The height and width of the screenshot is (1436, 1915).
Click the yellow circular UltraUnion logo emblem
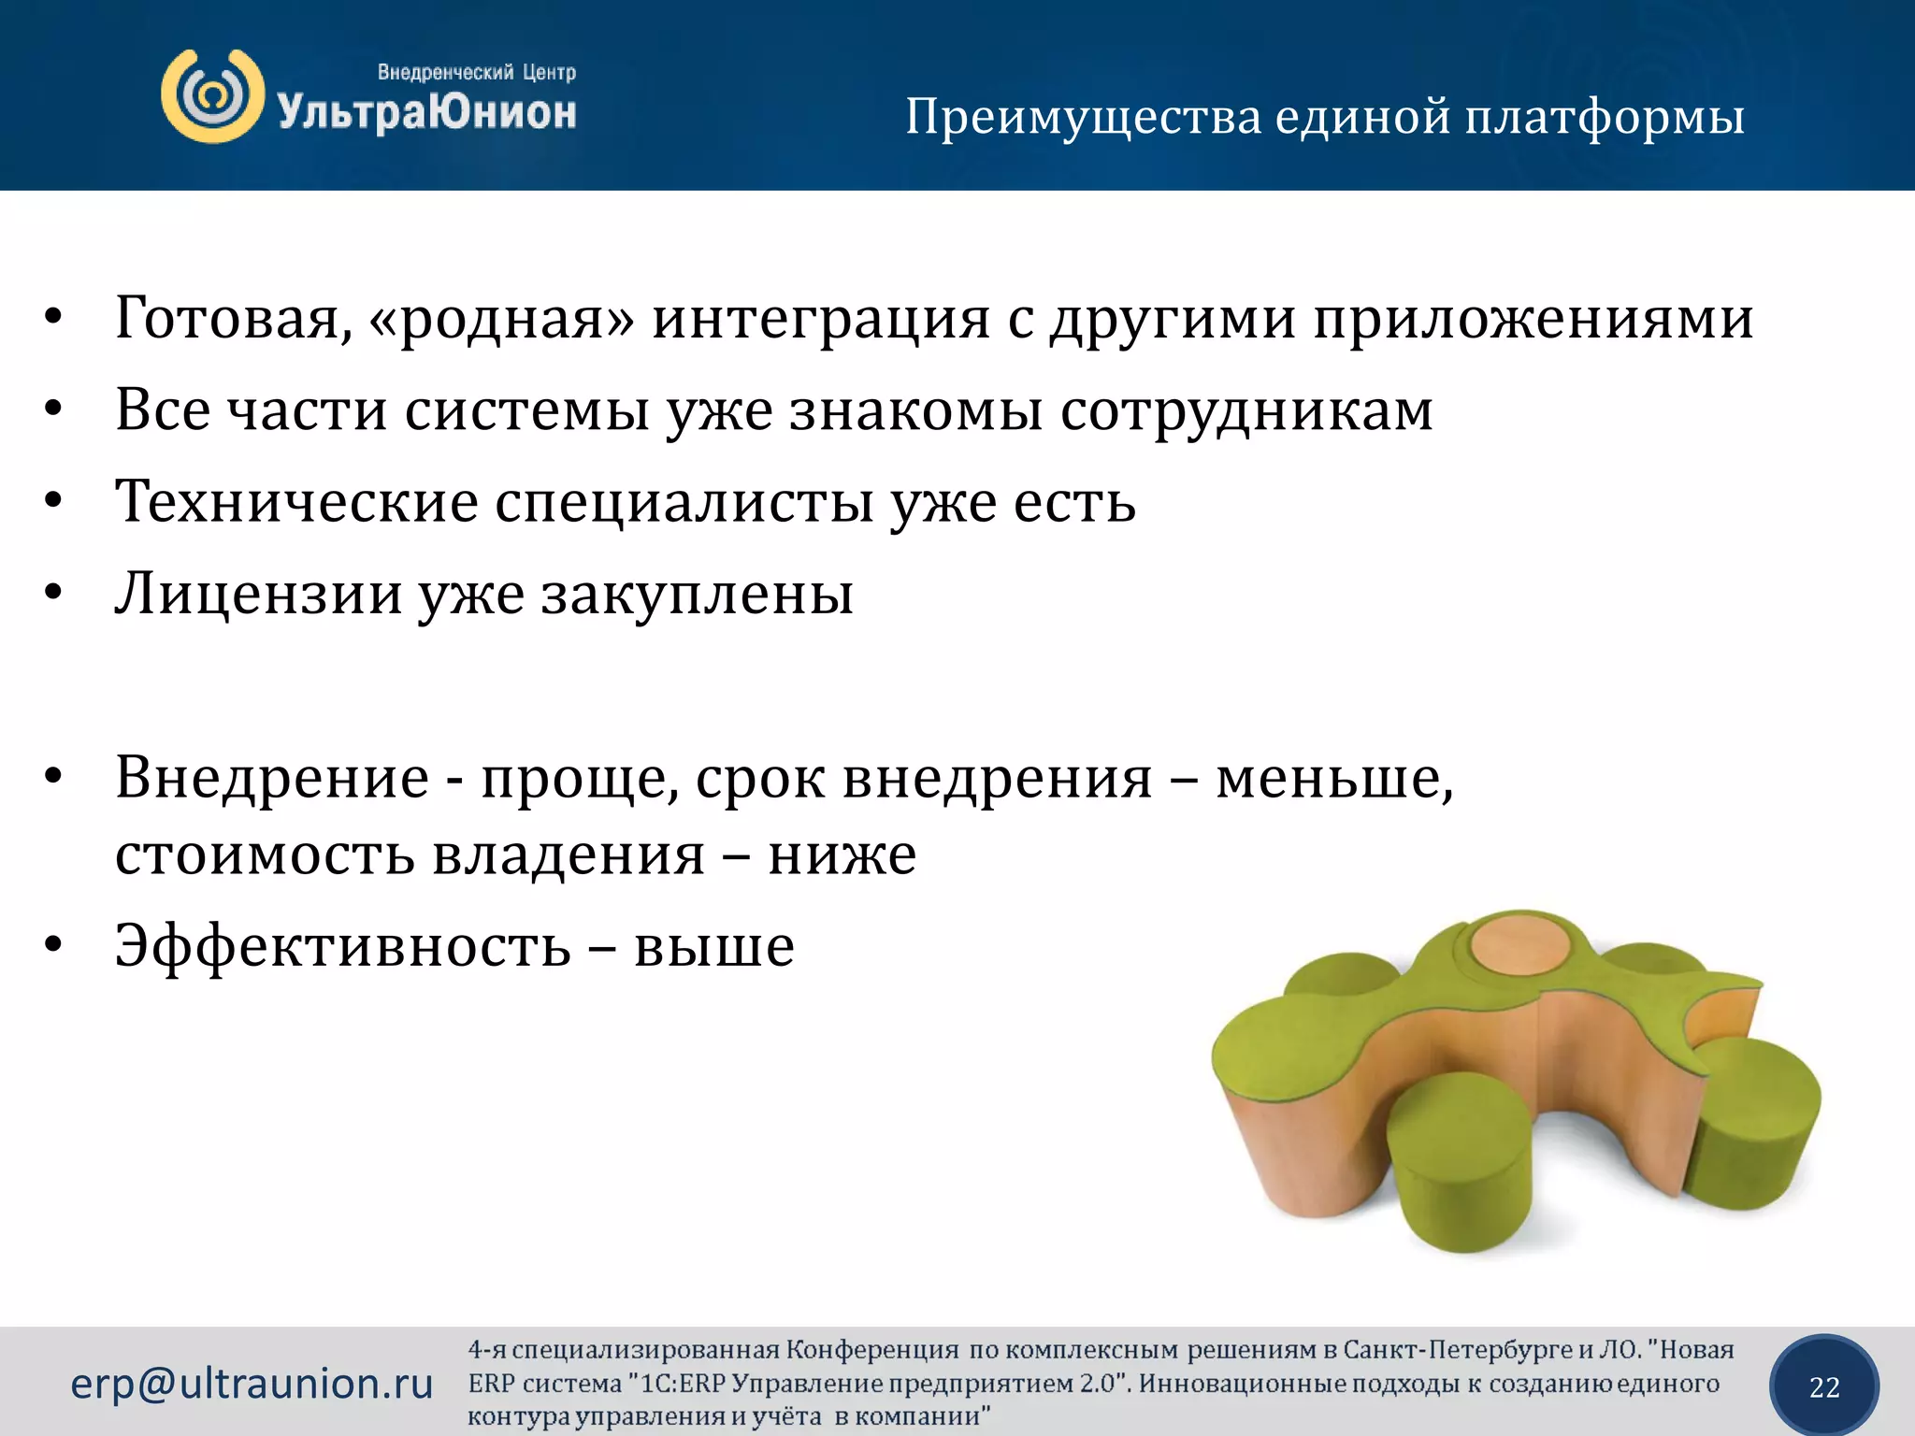click(x=212, y=96)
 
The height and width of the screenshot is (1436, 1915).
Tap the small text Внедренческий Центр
click(x=476, y=72)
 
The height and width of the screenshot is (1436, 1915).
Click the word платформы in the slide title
click(x=1605, y=119)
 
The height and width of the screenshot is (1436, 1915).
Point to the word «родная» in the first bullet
click(x=501, y=319)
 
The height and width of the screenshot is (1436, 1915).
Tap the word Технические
click(x=296, y=502)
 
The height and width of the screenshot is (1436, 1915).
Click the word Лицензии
click(x=258, y=595)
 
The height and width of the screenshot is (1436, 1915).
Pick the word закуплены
click(x=697, y=595)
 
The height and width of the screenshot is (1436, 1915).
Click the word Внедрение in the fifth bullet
click(x=272, y=777)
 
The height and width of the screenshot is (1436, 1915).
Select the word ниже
click(x=842, y=854)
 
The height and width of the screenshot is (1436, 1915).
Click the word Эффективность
click(x=342, y=946)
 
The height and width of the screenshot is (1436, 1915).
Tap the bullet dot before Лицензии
click(x=53, y=593)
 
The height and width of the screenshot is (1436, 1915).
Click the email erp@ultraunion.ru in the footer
click(x=252, y=1384)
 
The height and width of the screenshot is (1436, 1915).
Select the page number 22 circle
click(x=1824, y=1386)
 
